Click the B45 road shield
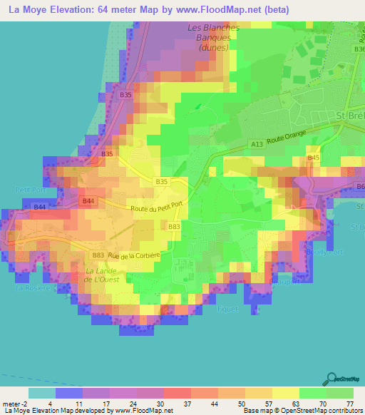click(313, 158)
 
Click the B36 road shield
click(359, 49)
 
